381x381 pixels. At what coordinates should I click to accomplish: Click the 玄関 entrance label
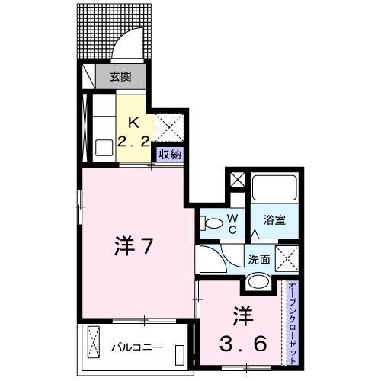tap(119, 76)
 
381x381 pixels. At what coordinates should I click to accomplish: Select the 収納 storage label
tap(169, 153)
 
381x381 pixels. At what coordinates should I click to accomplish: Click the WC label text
tap(234, 223)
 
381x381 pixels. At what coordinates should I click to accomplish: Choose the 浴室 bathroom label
tap(275, 220)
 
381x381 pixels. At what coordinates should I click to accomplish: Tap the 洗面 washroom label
tap(258, 259)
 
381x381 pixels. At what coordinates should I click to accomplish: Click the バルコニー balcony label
tap(138, 348)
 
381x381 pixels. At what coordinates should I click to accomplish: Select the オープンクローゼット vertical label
tap(292, 321)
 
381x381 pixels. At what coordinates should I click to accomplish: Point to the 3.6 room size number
tap(245, 344)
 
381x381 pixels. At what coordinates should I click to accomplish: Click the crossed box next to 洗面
tap(287, 258)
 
